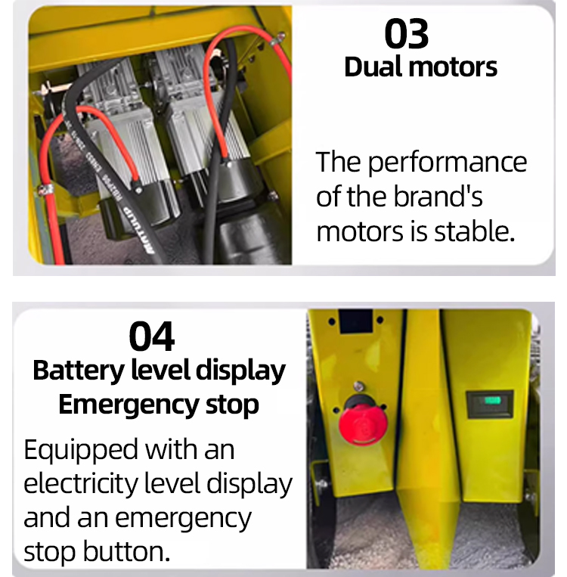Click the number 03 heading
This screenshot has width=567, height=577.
406,34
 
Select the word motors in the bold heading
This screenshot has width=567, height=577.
453,68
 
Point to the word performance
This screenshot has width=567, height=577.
448,163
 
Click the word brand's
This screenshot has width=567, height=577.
438,197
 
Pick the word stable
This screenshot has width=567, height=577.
474,231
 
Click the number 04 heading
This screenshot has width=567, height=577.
152,337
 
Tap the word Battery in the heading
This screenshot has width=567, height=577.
79,371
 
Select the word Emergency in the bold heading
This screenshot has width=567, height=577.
129,405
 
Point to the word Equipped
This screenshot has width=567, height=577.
82,451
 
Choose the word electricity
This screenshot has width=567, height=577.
81,483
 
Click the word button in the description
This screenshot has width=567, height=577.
126,551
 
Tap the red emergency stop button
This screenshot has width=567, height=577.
362,425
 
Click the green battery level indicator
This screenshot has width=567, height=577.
493,400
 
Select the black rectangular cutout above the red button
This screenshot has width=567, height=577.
355,321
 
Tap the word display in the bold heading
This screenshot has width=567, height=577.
240,371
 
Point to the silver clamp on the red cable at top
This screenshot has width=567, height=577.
278,39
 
